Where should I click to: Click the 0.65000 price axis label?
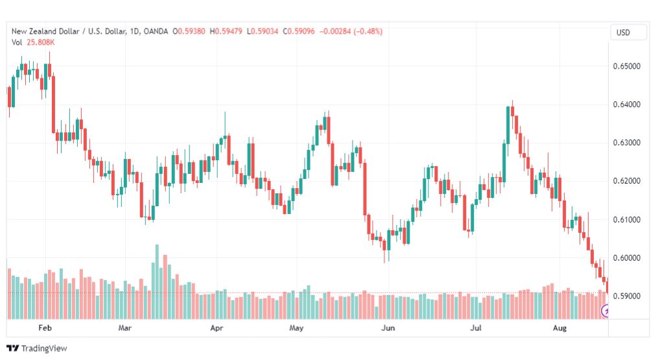(626, 66)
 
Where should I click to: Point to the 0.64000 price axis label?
(626, 104)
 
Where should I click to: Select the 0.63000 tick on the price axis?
(626, 143)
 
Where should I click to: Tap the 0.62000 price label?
(626, 181)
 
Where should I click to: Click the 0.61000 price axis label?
(626, 219)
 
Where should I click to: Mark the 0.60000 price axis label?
(626, 258)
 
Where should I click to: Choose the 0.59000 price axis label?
(626, 296)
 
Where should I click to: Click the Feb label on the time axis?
(45, 328)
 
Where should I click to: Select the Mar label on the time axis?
(124, 328)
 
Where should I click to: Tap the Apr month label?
(217, 328)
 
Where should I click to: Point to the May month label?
(296, 328)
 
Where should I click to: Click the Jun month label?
(388, 328)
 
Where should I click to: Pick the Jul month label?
(476, 328)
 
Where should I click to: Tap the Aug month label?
(560, 328)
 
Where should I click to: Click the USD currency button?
(623, 32)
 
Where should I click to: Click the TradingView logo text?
(44, 348)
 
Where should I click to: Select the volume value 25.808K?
(41, 42)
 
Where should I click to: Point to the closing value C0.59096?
(299, 31)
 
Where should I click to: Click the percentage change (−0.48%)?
(368, 31)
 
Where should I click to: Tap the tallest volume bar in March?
(158, 282)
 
